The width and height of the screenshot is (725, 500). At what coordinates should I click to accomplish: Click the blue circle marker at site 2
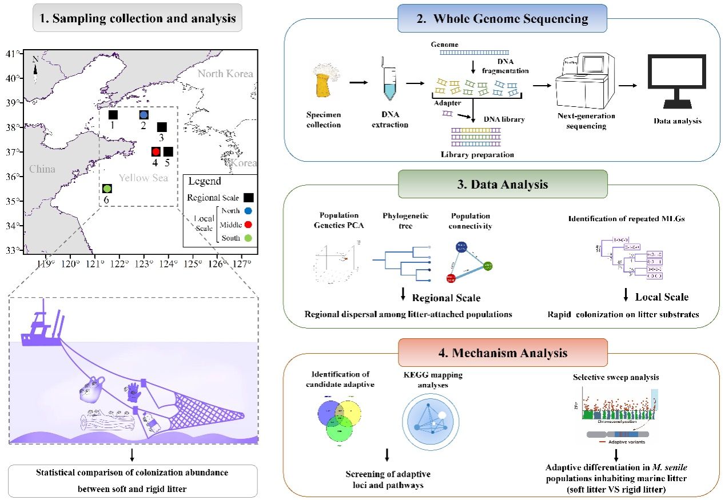click(x=144, y=115)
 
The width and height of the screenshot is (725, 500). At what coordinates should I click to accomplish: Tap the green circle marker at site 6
click(x=107, y=188)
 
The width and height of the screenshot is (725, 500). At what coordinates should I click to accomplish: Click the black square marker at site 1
click(x=113, y=115)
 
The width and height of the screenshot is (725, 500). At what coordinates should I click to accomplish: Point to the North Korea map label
click(x=225, y=74)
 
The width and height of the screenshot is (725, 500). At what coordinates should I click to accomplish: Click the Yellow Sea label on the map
click(x=144, y=178)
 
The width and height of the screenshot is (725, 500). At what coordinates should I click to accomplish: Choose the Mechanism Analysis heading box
click(x=502, y=353)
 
